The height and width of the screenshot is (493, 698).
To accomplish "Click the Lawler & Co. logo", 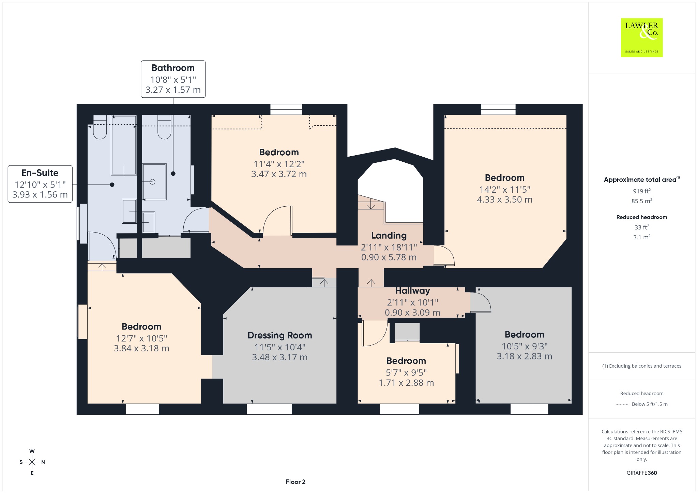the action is (642, 37).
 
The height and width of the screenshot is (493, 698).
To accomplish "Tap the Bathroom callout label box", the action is (173, 79).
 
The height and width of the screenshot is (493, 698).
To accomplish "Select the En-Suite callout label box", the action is (40, 184).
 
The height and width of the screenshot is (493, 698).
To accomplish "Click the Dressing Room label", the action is (280, 335).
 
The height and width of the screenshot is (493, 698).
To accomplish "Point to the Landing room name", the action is (389, 236).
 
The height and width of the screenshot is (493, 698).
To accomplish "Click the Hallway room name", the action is (413, 291).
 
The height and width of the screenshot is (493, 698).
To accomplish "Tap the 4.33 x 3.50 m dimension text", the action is (505, 200).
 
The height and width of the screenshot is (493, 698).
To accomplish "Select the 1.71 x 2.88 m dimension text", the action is (406, 383).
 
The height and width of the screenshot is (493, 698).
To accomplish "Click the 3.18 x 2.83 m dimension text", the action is (525, 356).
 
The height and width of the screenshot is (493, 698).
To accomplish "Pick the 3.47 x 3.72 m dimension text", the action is (279, 174).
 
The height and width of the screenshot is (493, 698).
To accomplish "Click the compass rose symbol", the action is (32, 462).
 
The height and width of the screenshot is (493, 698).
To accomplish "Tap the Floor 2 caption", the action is (296, 482).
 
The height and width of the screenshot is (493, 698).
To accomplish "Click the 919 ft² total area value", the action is (642, 191).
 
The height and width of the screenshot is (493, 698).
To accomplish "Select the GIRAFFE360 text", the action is (642, 473).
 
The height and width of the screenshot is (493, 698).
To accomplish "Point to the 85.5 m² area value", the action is (642, 201).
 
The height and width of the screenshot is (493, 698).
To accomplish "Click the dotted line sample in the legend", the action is (622, 404).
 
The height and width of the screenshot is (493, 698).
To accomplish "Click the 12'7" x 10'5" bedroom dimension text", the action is (141, 338).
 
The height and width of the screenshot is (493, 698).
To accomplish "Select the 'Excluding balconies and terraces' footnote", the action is (642, 366).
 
